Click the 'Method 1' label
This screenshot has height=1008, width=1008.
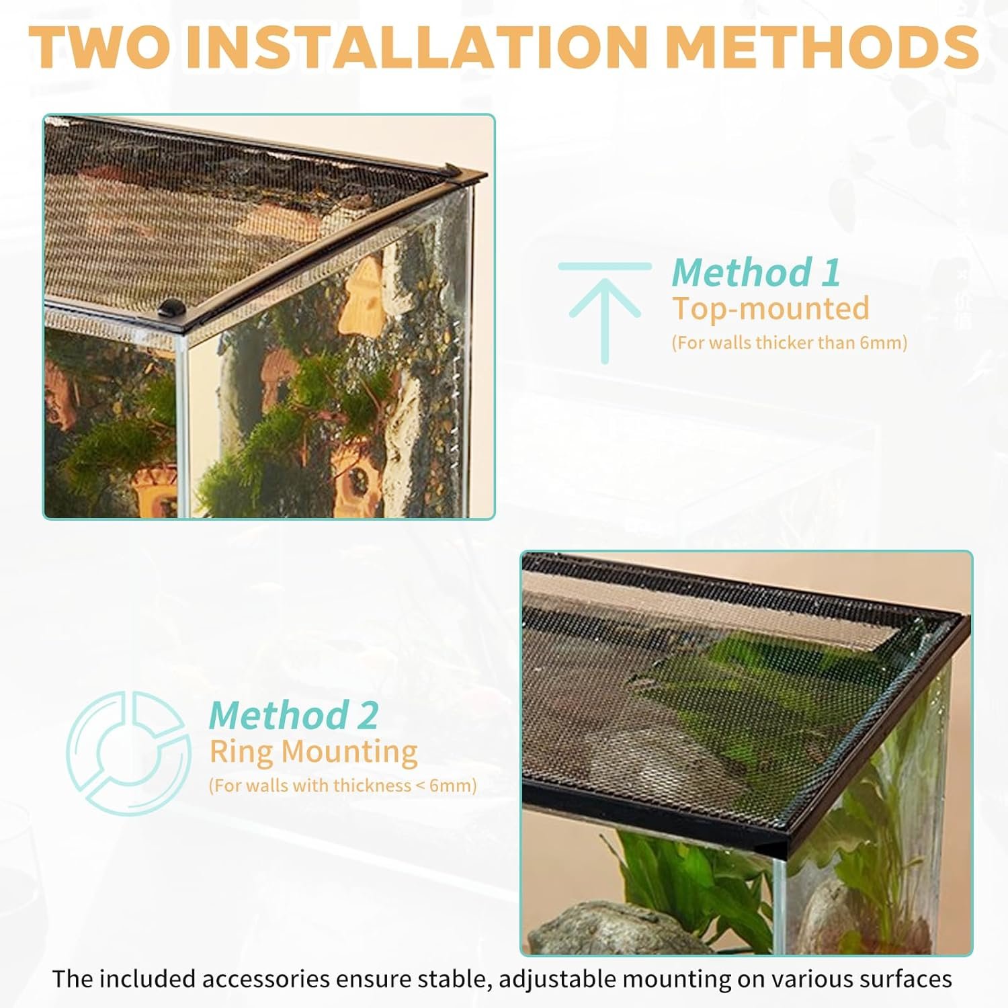coord(756,272)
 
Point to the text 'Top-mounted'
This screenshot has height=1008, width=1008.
coord(771,308)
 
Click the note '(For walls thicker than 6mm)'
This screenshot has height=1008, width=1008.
coord(790,343)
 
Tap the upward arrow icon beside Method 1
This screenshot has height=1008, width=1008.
coord(605,313)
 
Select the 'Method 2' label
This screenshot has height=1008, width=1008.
coord(294,715)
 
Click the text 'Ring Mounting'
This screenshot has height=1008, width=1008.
coord(313,752)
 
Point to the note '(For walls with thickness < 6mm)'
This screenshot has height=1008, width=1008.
coord(343,786)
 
